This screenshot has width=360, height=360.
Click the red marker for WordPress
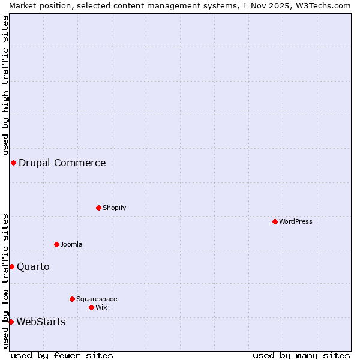click(x=275, y=221)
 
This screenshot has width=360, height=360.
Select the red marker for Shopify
click(x=98, y=208)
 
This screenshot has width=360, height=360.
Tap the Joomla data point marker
click(x=56, y=244)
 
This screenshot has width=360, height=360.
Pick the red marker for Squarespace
click(x=72, y=299)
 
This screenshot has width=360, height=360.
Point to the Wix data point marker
click(x=91, y=307)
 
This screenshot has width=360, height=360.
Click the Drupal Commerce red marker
click(x=13, y=163)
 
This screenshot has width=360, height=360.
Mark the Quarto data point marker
click(x=11, y=266)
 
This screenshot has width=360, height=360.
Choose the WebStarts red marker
click(x=11, y=322)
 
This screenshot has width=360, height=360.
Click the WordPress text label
click(x=296, y=221)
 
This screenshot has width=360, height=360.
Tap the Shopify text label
click(x=115, y=208)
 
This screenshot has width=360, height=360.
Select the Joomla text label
click(x=71, y=244)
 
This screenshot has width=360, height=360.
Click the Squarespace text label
click(x=97, y=299)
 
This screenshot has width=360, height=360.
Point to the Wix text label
click(x=101, y=307)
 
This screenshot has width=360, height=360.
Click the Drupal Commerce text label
click(x=62, y=163)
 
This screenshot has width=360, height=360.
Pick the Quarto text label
click(x=34, y=266)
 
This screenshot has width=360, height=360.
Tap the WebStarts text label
click(x=41, y=322)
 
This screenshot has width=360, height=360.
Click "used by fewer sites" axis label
click(x=62, y=355)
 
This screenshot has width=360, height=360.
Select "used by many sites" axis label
click(x=301, y=355)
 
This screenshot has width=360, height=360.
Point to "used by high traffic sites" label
click(x=5, y=85)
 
